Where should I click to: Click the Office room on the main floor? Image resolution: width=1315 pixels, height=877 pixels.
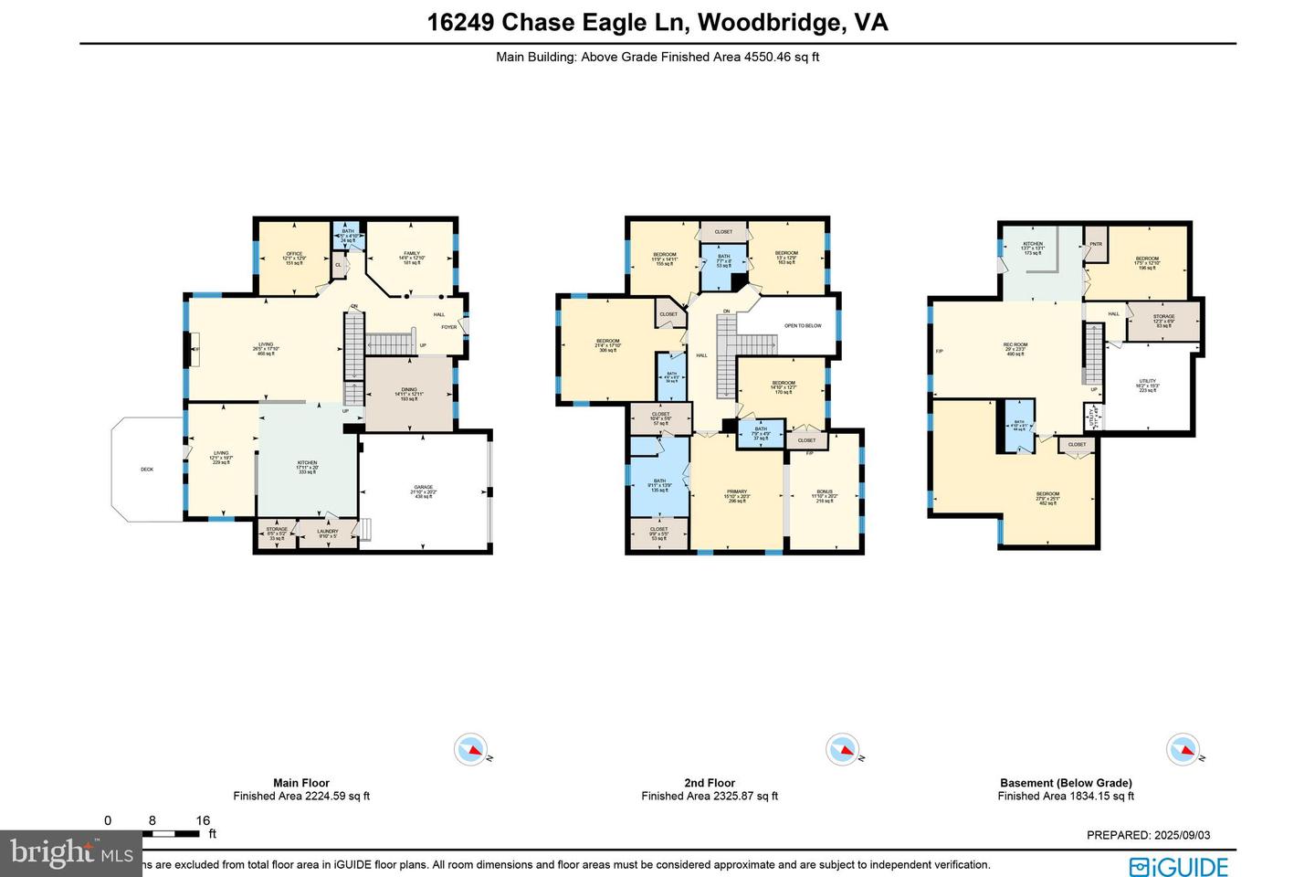click(293, 258)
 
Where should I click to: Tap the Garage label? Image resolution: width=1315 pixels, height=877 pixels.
click(423, 491)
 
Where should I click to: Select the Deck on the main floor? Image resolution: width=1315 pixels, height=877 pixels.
click(147, 470)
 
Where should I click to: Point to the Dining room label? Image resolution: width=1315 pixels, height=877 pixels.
click(408, 394)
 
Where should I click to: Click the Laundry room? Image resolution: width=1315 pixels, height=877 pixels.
click(327, 533)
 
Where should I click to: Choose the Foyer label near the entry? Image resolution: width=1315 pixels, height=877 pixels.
click(449, 327)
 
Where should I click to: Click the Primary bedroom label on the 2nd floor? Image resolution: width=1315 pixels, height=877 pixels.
click(736, 495)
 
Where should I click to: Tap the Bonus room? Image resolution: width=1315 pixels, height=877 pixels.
click(824, 496)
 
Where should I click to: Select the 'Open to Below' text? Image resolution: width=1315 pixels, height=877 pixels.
click(803, 325)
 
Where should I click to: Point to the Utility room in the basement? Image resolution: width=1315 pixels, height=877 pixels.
click(1147, 385)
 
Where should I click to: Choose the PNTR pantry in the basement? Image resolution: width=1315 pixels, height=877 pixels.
click(1096, 244)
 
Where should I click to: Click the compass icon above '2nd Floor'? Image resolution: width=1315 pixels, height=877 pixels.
click(842, 750)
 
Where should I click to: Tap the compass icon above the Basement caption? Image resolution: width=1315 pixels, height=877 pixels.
click(1183, 750)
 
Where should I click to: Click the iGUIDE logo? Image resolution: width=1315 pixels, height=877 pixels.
click(1178, 866)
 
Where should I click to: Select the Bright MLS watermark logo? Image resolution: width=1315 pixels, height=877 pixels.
click(71, 854)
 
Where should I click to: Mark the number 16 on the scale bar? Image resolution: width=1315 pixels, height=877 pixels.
click(203, 820)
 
